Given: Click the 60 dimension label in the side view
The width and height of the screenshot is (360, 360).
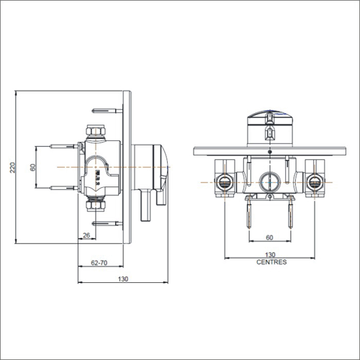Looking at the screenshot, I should point(32,167).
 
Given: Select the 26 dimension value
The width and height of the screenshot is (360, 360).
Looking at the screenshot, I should point(86,235).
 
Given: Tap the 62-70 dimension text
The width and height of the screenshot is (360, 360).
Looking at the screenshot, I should point(99,264).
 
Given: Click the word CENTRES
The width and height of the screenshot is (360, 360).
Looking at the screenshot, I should point(271,263).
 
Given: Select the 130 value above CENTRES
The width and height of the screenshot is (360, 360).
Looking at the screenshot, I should point(271,255).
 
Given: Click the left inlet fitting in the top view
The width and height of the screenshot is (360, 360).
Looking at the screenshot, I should point(225,181).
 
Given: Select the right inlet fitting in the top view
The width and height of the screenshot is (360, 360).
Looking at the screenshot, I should point(315,181).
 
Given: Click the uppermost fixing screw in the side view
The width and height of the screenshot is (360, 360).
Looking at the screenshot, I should point(106,111).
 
